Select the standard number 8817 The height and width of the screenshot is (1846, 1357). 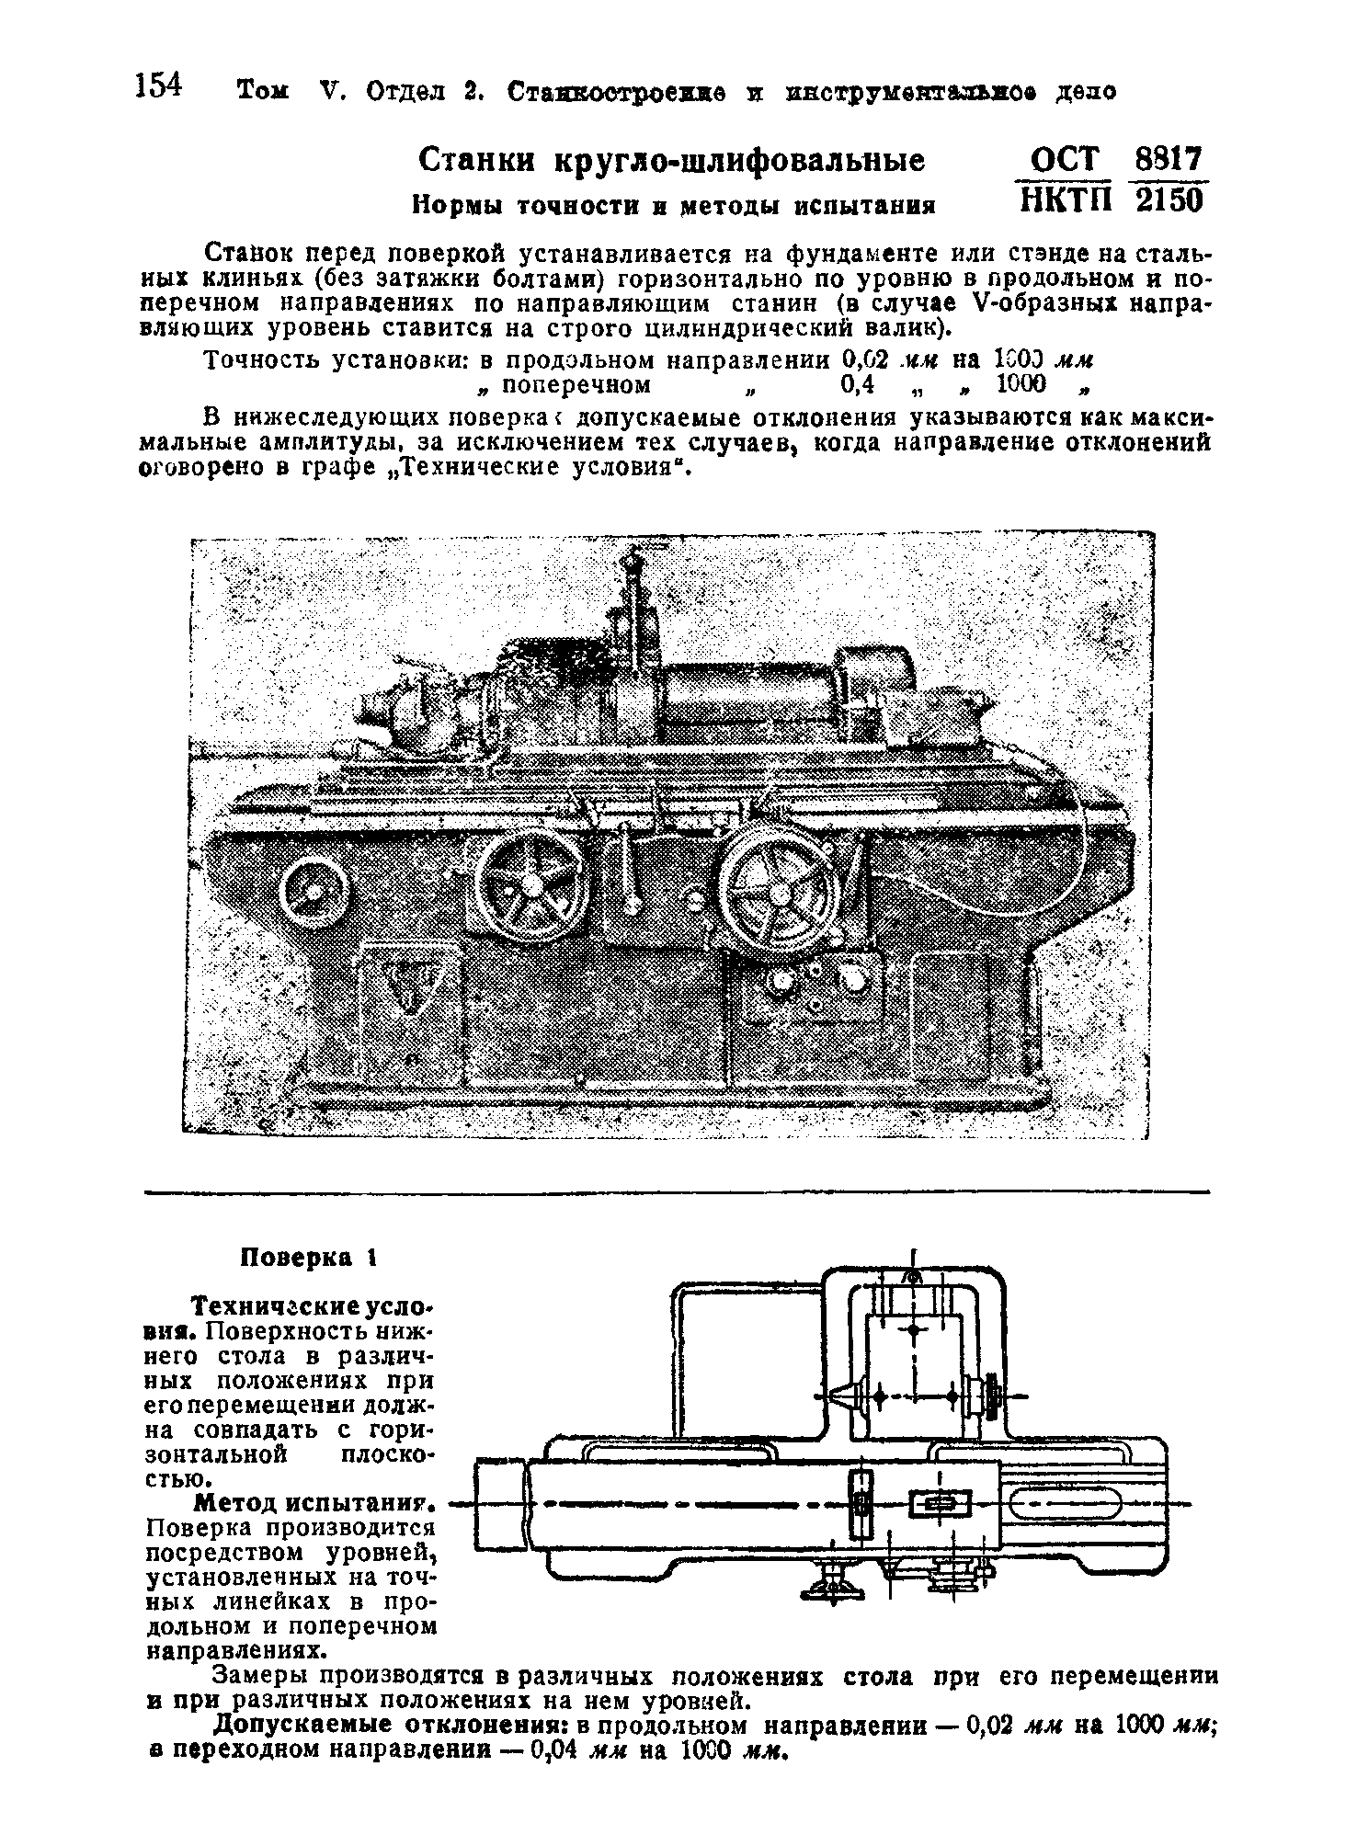click(1169, 160)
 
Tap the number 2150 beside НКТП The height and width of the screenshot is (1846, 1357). click(1169, 200)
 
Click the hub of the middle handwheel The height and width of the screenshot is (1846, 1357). click(532, 883)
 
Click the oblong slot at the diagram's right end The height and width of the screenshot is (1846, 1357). click(1066, 1505)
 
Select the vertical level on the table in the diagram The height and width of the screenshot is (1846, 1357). click(861, 1505)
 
